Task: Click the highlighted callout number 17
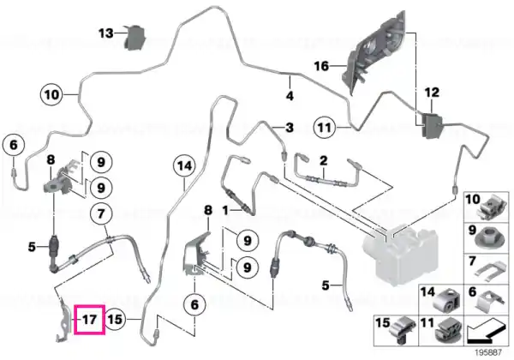tap(89, 320)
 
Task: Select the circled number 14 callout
tap(184, 165)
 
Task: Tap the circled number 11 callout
tap(325, 127)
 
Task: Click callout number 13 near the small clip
tap(106, 33)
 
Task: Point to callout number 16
tap(321, 66)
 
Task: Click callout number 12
tap(432, 93)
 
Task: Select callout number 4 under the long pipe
tap(290, 96)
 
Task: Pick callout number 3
tap(290, 127)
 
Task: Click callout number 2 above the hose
tap(324, 160)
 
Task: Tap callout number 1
tap(225, 210)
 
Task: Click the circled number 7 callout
tap(101, 213)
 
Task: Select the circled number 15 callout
tap(115, 319)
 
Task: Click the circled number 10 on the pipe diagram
tap(51, 95)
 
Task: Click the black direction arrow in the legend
tap(486, 333)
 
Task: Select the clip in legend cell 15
tap(403, 331)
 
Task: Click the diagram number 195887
tap(488, 352)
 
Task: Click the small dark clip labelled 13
tap(134, 38)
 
